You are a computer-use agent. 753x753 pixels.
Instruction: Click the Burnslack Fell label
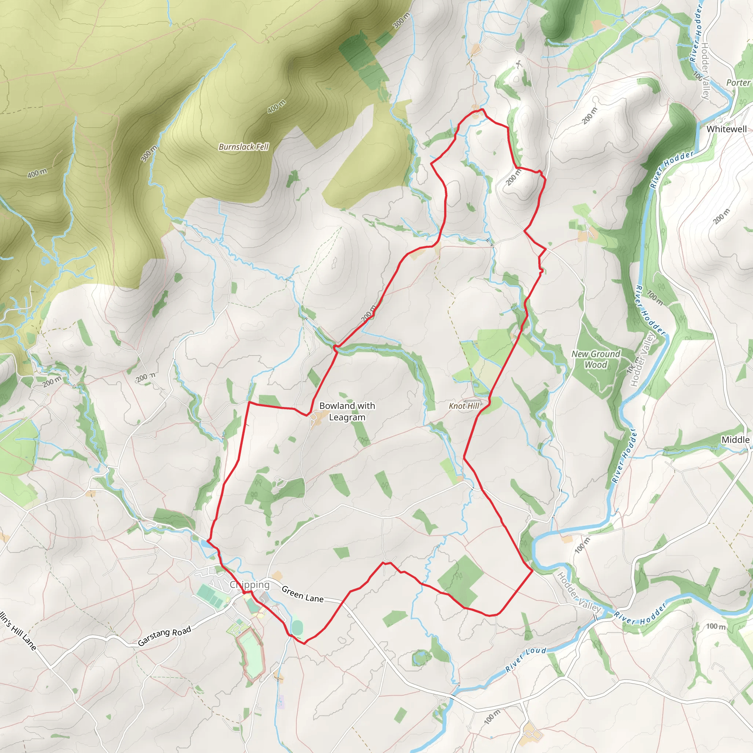[x=244, y=147]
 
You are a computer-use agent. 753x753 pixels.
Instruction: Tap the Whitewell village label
[x=727, y=129]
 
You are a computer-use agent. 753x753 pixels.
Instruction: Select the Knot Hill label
[x=464, y=406]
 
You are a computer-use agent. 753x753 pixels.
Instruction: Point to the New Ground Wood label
[x=596, y=359]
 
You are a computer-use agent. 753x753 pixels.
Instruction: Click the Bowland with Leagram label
[x=347, y=411]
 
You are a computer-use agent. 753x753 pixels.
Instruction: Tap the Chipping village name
[x=249, y=585]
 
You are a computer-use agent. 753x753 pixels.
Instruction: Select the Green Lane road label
[x=303, y=594]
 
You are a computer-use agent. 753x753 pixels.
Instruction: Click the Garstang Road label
[x=164, y=636]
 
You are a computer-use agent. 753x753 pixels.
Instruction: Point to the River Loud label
[x=526, y=660]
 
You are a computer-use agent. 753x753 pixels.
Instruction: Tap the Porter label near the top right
[x=738, y=83]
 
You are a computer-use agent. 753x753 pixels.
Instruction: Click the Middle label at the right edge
[x=735, y=440]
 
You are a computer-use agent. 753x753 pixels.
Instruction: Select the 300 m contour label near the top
[x=401, y=21]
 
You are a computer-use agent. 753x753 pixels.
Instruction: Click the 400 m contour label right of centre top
[x=276, y=106]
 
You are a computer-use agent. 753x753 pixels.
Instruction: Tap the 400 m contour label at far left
[x=37, y=173]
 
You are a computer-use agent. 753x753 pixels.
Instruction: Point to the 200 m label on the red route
[x=368, y=313]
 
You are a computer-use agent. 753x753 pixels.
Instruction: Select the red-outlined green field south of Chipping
[x=250, y=655]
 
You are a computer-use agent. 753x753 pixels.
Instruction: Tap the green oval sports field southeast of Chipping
[x=297, y=627]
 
